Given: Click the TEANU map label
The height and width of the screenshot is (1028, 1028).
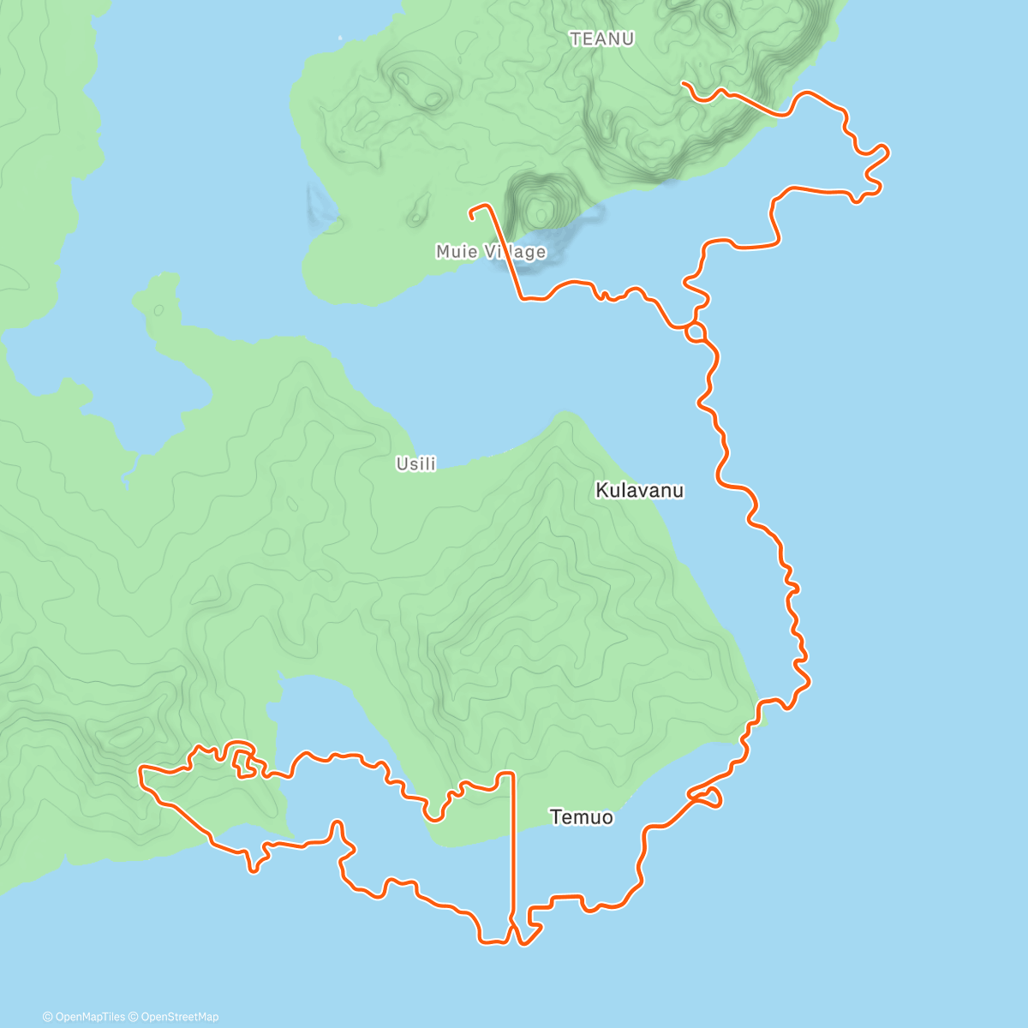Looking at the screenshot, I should (x=601, y=39).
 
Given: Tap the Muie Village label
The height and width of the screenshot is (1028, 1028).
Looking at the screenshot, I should (x=490, y=251).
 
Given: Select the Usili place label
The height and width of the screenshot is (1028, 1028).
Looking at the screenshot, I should (x=415, y=463).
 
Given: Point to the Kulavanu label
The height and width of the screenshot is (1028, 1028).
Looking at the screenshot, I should (x=640, y=490).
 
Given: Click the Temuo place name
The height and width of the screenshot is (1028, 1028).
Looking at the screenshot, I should (x=582, y=816).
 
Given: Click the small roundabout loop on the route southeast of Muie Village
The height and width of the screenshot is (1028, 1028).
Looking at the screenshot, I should (x=696, y=332).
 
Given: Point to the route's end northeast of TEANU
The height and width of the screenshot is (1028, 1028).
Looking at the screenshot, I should (x=683, y=83).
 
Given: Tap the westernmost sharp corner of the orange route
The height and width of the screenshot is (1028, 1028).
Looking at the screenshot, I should (x=141, y=774).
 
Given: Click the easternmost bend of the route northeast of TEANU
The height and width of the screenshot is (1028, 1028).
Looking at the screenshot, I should (x=888, y=153).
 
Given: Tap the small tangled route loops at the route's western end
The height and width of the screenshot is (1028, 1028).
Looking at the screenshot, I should (x=242, y=760).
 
